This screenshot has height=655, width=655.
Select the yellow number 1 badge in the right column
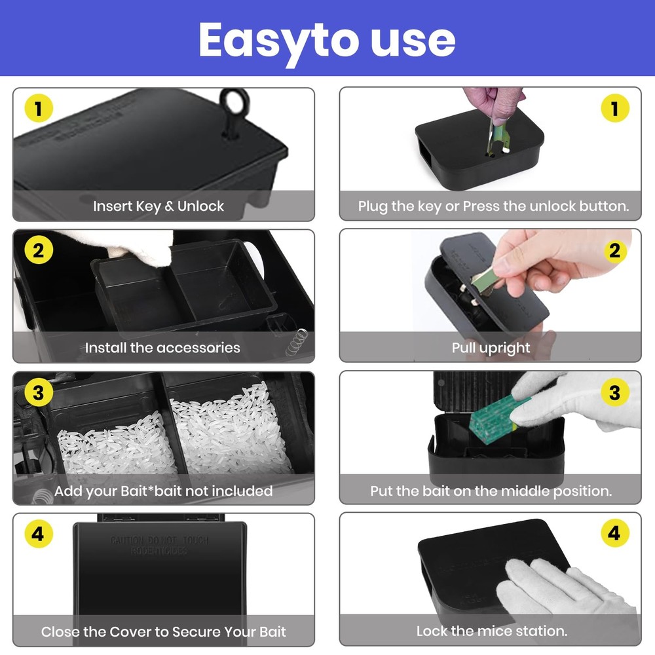614,109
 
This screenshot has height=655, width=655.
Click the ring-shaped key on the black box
232,105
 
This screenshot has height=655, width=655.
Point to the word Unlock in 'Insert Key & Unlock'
201,206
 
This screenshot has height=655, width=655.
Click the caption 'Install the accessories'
162,348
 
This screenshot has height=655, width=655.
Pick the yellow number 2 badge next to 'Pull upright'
614,251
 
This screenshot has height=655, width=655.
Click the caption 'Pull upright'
491,348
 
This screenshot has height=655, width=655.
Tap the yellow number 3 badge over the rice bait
39,393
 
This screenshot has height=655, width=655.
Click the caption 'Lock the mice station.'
492,631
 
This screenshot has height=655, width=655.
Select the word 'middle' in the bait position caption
515,491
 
